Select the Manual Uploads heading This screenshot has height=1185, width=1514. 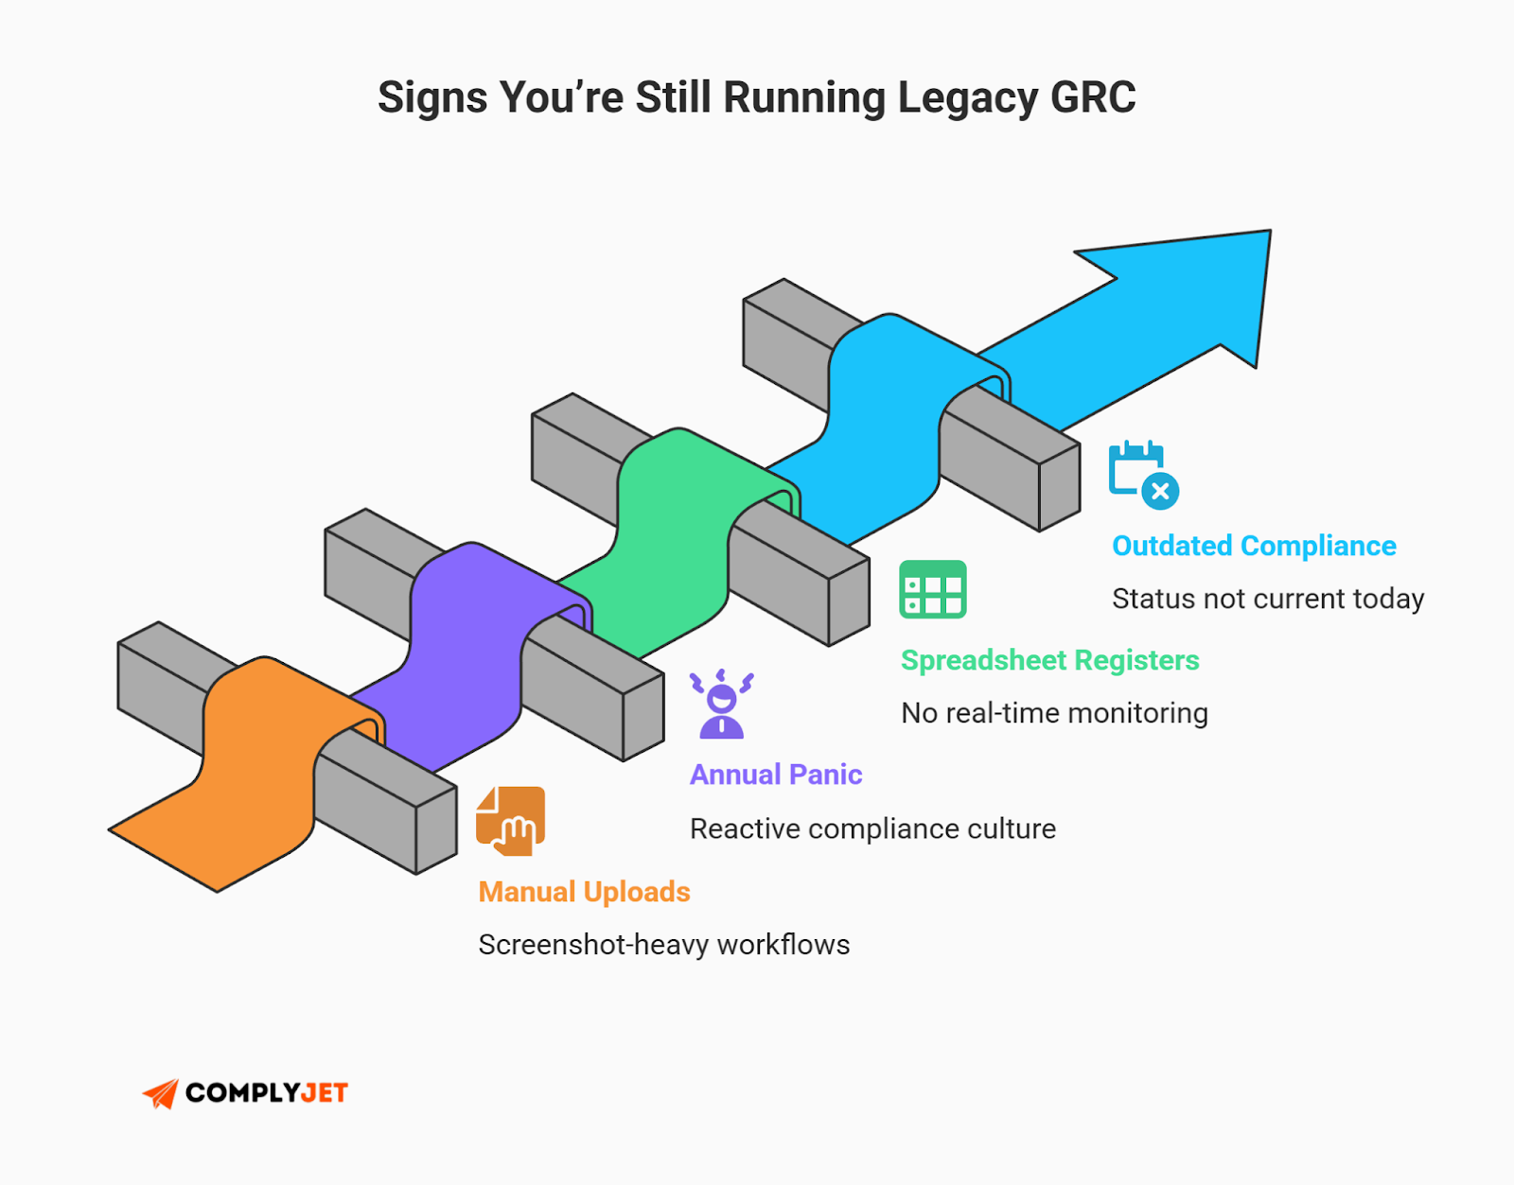(584, 892)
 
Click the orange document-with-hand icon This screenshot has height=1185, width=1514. (511, 820)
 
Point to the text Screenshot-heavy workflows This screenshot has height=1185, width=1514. (663, 945)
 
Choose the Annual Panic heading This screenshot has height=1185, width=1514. (775, 775)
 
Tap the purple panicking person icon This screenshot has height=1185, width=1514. (721, 704)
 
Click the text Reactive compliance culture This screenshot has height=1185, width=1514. (871, 828)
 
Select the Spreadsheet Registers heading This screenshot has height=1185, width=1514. (1048, 660)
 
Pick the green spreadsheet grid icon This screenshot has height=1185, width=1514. (932, 589)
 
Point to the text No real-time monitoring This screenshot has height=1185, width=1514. (1053, 713)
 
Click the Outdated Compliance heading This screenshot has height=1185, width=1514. (1253, 546)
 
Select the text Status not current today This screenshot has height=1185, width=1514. (1267, 599)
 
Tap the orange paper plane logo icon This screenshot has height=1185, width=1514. (161, 1093)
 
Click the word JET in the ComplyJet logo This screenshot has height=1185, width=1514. (324, 1093)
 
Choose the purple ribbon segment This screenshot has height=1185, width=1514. (464, 653)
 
